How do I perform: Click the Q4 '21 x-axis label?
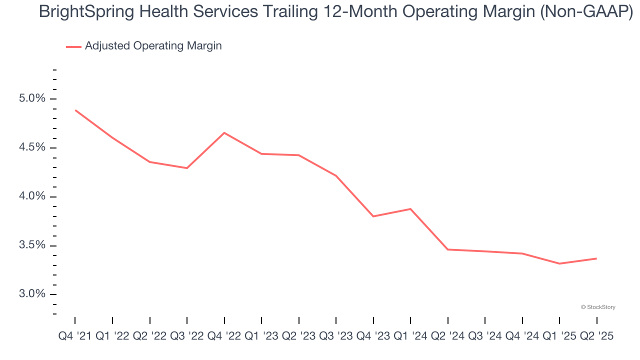[75, 336]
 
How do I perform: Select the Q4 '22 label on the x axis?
[224, 336]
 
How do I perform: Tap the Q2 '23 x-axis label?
[298, 336]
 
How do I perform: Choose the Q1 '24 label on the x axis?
[410, 336]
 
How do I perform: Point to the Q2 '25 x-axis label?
[596, 336]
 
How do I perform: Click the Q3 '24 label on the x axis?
[485, 336]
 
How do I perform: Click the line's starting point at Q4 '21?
[75, 110]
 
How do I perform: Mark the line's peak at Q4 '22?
[224, 132]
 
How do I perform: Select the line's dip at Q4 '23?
[373, 216]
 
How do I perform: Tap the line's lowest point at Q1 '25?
[559, 263]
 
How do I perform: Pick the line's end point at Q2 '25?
[596, 258]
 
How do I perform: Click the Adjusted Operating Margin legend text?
[153, 46]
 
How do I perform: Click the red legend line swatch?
[73, 46]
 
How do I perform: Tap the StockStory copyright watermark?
[598, 307]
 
